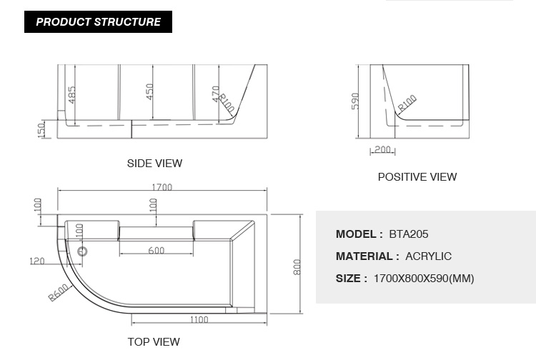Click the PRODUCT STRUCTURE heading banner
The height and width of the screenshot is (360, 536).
[x=98, y=22]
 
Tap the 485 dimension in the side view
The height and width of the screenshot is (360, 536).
[x=71, y=94]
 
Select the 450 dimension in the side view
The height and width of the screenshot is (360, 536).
[x=150, y=91]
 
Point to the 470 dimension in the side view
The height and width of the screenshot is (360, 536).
[x=215, y=94]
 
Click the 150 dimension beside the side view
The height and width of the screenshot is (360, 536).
[x=41, y=131]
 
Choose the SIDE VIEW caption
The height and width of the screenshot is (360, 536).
[x=154, y=164]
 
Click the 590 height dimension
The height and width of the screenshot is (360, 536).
[x=355, y=101]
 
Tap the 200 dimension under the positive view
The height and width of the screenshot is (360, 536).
[x=382, y=149]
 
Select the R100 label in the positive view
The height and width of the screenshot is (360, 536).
[x=407, y=103]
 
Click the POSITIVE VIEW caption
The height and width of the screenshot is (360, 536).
[x=417, y=177]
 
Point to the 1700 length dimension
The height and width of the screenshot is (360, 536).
[x=162, y=187]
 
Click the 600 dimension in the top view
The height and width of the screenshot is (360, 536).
[x=157, y=251]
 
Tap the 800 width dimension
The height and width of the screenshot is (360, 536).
[x=297, y=267]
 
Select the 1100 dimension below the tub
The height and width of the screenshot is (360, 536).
[x=199, y=320]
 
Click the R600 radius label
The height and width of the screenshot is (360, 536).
[x=59, y=293]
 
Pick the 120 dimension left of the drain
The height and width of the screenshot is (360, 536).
[x=37, y=261]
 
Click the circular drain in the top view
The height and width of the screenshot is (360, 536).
[x=82, y=251]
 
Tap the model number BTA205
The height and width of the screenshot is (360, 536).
[x=409, y=234]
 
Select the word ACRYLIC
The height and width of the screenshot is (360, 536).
[x=428, y=256]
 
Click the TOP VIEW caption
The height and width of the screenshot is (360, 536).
[x=154, y=342]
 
